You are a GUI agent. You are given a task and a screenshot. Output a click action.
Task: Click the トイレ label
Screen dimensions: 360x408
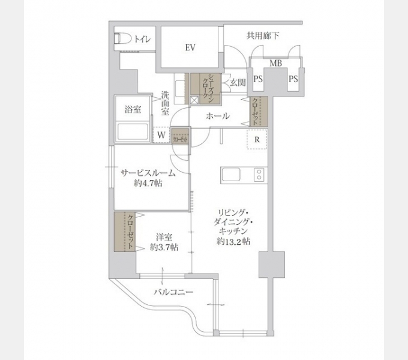point(142,40)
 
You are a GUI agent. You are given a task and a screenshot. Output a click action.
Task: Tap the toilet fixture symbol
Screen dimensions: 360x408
point(122,38)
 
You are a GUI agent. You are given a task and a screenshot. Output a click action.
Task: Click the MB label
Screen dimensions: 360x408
point(275,64)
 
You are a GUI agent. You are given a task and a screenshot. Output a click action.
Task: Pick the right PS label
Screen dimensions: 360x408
point(293,79)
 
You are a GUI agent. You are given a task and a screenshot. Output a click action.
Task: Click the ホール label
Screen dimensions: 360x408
point(217,116)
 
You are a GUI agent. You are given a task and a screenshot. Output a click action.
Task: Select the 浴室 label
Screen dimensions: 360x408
point(133,110)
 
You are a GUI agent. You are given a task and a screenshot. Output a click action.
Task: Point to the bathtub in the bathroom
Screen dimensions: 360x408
point(133,131)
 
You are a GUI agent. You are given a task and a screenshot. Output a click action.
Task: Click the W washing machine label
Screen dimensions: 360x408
point(161,136)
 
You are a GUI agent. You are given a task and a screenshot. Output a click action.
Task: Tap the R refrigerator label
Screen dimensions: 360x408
point(257,140)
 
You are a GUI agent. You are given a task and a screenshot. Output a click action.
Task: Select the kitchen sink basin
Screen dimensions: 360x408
point(232,175)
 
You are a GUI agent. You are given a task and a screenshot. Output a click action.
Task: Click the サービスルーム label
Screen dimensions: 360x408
point(148,173)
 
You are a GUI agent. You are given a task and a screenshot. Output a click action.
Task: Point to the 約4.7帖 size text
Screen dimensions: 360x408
point(148,184)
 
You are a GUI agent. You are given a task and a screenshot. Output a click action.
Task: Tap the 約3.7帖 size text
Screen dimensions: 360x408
point(163,247)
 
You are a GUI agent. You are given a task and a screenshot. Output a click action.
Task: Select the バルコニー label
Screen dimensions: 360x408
point(173,292)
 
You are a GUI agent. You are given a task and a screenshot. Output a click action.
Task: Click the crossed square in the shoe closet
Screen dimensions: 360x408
point(194,101)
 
